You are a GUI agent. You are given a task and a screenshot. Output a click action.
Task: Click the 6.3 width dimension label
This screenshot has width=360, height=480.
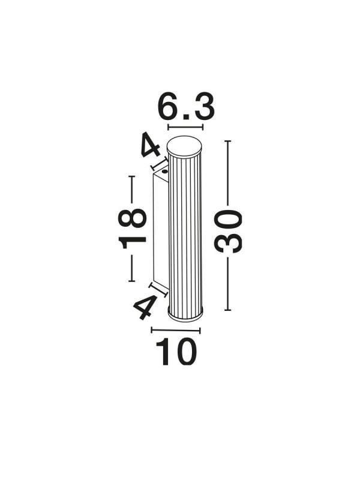pyautogui.click(x=185, y=108)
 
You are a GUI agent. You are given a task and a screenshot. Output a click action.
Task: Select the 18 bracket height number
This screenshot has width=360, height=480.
pyautogui.click(x=133, y=228)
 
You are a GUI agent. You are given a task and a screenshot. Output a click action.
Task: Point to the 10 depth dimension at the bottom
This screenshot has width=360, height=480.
pyautogui.click(x=176, y=353)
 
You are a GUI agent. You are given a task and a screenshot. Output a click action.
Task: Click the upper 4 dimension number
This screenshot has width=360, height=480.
pyautogui.click(x=149, y=146)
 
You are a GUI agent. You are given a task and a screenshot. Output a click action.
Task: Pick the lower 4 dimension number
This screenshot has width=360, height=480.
pyautogui.click(x=144, y=308)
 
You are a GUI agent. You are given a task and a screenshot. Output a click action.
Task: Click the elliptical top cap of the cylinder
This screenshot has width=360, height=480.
pyautogui.click(x=185, y=145)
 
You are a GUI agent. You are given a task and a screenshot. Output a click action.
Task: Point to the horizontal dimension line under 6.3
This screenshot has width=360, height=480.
pyautogui.click(x=185, y=127)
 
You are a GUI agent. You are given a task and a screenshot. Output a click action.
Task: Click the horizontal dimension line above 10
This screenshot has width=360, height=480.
pyautogui.click(x=176, y=329)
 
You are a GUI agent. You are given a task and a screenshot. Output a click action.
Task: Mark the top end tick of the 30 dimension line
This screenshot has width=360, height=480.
pyautogui.click(x=227, y=141)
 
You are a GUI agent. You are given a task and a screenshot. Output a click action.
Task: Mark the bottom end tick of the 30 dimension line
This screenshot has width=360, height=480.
pyautogui.click(x=227, y=310)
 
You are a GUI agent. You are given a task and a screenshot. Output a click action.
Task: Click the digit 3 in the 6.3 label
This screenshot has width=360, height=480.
pyautogui.click(x=202, y=108)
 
